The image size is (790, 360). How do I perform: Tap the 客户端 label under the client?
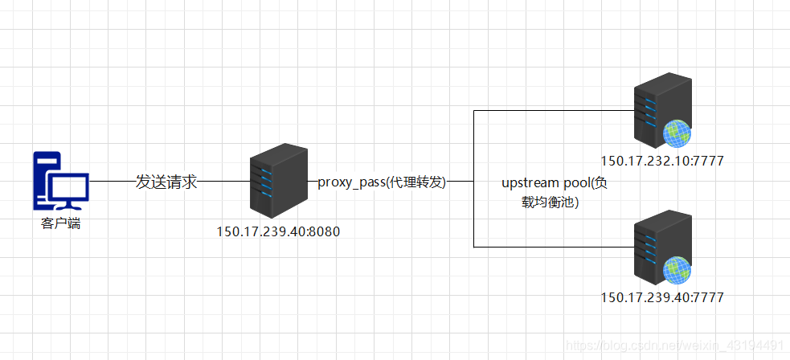pyautogui.click(x=60, y=223)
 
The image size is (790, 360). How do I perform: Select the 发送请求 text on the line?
pyautogui.click(x=166, y=182)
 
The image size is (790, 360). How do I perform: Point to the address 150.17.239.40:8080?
pyautogui.click(x=278, y=231)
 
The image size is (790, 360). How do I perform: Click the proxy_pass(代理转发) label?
pyautogui.click(x=381, y=182)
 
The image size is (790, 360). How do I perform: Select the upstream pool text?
pyautogui.click(x=555, y=184)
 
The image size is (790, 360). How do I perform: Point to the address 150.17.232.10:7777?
pyautogui.click(x=662, y=161)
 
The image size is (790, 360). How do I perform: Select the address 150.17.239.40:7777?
pyautogui.click(x=662, y=297)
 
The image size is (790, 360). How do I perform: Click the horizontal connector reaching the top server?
pyautogui.click(x=555, y=110)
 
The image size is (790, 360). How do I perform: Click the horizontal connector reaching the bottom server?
pyautogui.click(x=555, y=247)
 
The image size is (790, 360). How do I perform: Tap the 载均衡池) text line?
pyautogui.click(x=550, y=202)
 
